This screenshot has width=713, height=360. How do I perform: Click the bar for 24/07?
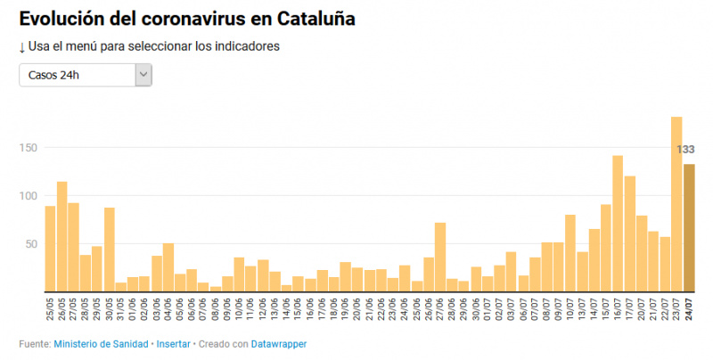(x=689, y=227)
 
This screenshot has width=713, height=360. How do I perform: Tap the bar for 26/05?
(x=61, y=236)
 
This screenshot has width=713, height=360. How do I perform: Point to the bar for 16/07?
(x=618, y=223)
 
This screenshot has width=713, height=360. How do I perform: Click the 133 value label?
(x=685, y=149)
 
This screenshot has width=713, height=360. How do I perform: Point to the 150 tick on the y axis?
(x=30, y=148)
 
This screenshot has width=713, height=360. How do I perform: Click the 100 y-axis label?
(x=30, y=196)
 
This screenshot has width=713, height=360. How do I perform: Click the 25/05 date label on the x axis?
(x=50, y=309)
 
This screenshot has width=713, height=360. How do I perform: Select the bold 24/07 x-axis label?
(x=689, y=309)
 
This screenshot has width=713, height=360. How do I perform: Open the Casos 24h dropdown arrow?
(x=143, y=75)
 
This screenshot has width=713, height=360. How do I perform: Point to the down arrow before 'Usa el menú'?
(x=21, y=47)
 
